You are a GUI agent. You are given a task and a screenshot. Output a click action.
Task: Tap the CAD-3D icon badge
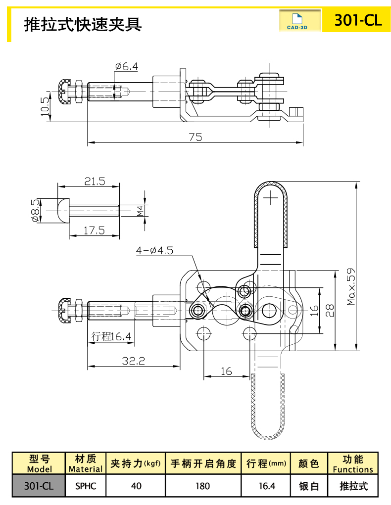(x=297, y=21)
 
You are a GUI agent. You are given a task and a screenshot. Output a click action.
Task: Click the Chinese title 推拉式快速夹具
(x=83, y=23)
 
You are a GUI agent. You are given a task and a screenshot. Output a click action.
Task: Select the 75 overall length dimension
(x=195, y=138)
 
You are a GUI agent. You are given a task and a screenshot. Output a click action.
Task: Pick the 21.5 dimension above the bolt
(x=95, y=182)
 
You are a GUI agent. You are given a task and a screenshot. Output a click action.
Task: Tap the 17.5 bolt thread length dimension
(x=95, y=230)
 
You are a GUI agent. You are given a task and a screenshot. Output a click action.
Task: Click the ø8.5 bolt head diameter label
(x=34, y=211)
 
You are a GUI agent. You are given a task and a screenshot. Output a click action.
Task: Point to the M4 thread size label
(x=140, y=211)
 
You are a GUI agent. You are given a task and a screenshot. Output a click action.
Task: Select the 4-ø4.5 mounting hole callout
(x=154, y=251)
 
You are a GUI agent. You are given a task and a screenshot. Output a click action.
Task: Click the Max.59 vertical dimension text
(x=351, y=286)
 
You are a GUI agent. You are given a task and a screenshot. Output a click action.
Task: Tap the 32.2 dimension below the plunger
(x=134, y=361)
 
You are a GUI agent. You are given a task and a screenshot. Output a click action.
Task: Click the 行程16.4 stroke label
(x=112, y=337)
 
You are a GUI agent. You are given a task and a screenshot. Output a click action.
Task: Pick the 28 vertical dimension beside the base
(x=330, y=310)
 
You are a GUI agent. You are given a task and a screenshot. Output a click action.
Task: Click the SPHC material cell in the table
(x=85, y=486)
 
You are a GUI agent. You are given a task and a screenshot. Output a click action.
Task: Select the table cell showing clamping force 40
(x=136, y=486)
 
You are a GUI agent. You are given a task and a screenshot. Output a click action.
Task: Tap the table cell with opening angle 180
(x=202, y=486)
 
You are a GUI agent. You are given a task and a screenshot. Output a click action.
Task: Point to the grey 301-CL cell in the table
(x=39, y=486)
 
